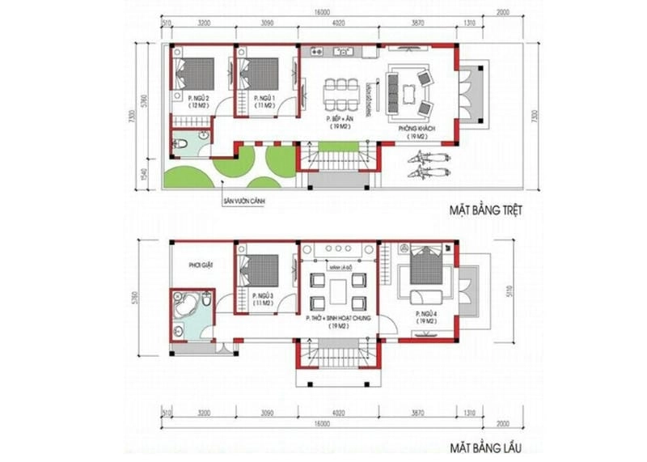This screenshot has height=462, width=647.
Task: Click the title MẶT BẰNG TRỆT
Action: (488, 210)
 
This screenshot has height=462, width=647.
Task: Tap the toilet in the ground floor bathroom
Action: (185, 144)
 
